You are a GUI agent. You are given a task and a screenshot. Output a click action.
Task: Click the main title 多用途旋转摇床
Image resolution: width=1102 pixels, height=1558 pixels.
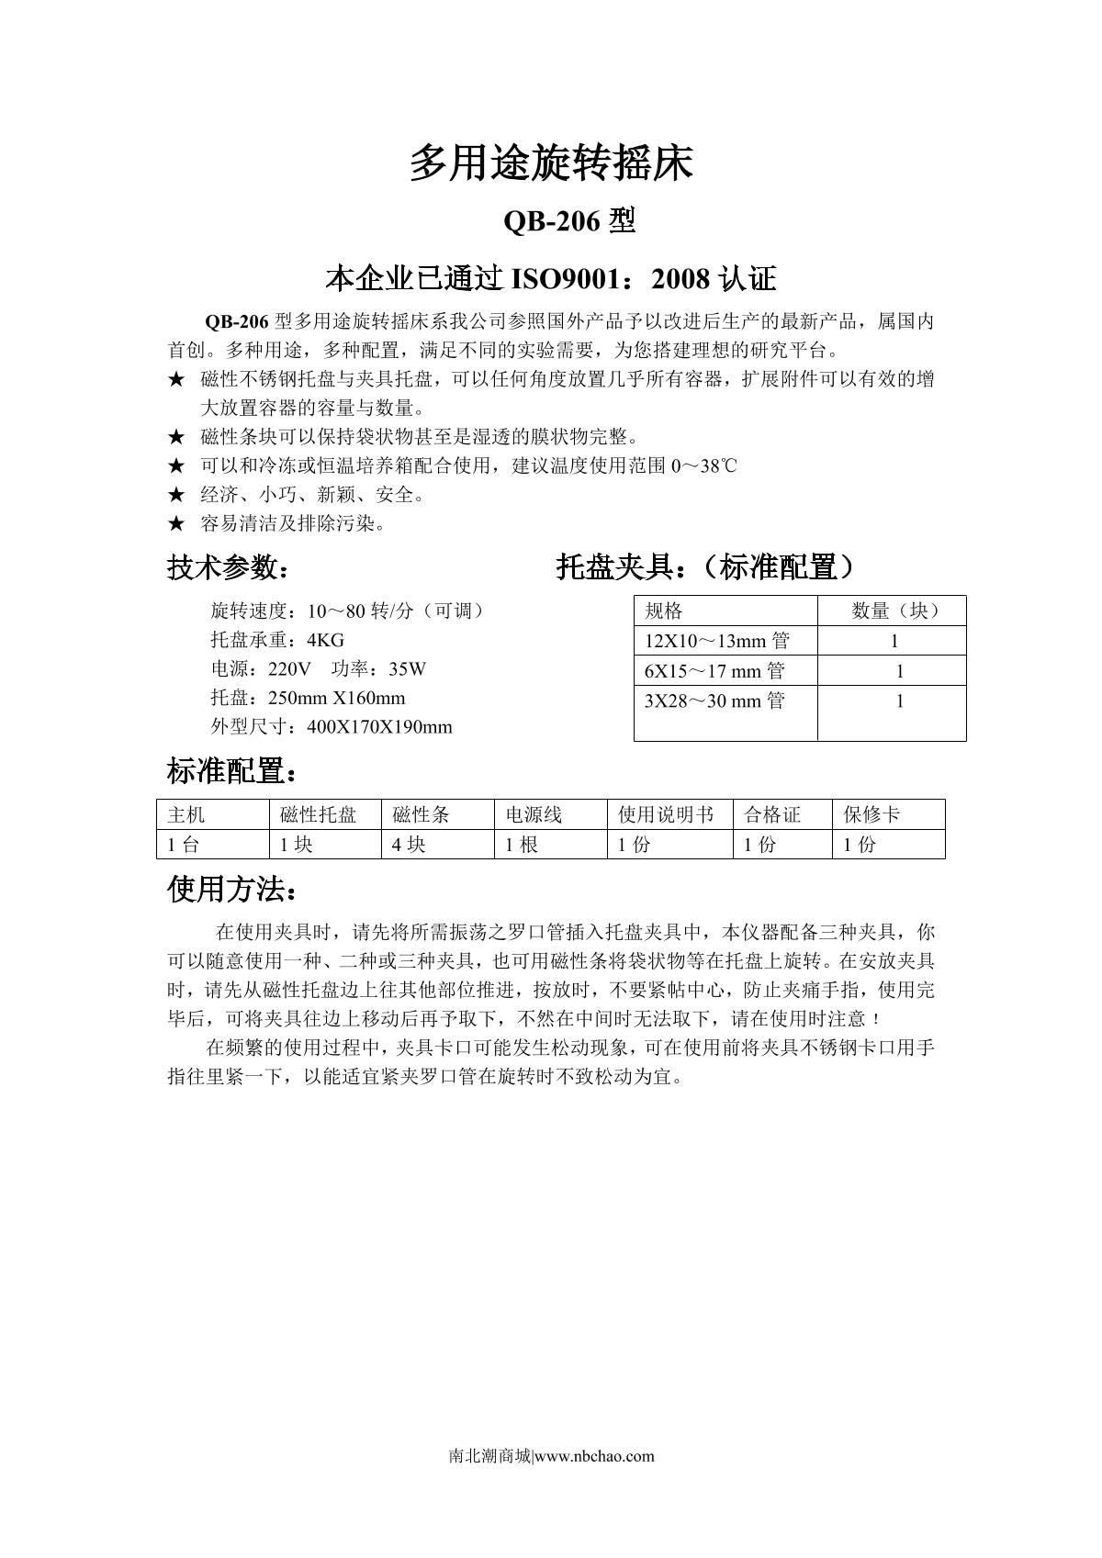coord(550,163)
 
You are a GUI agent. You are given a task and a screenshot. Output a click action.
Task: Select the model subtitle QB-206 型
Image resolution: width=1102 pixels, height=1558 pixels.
coord(569,221)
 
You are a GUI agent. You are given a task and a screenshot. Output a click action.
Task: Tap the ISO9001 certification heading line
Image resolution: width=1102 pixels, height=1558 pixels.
coord(551,278)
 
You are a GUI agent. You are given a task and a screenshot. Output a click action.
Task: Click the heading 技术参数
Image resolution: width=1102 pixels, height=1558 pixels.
coord(228,567)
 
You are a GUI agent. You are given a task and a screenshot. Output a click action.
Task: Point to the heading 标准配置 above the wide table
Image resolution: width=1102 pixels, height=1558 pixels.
coord(232,771)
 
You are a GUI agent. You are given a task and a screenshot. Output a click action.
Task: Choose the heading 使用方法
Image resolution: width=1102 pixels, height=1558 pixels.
coord(232,889)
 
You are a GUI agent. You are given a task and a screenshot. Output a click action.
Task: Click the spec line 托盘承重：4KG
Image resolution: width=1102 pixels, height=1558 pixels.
coord(277,640)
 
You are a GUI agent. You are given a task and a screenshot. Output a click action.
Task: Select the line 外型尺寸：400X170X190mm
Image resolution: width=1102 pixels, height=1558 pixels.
coord(332,727)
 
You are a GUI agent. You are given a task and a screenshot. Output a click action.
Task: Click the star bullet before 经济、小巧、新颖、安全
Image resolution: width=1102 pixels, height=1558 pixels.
coord(176,495)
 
